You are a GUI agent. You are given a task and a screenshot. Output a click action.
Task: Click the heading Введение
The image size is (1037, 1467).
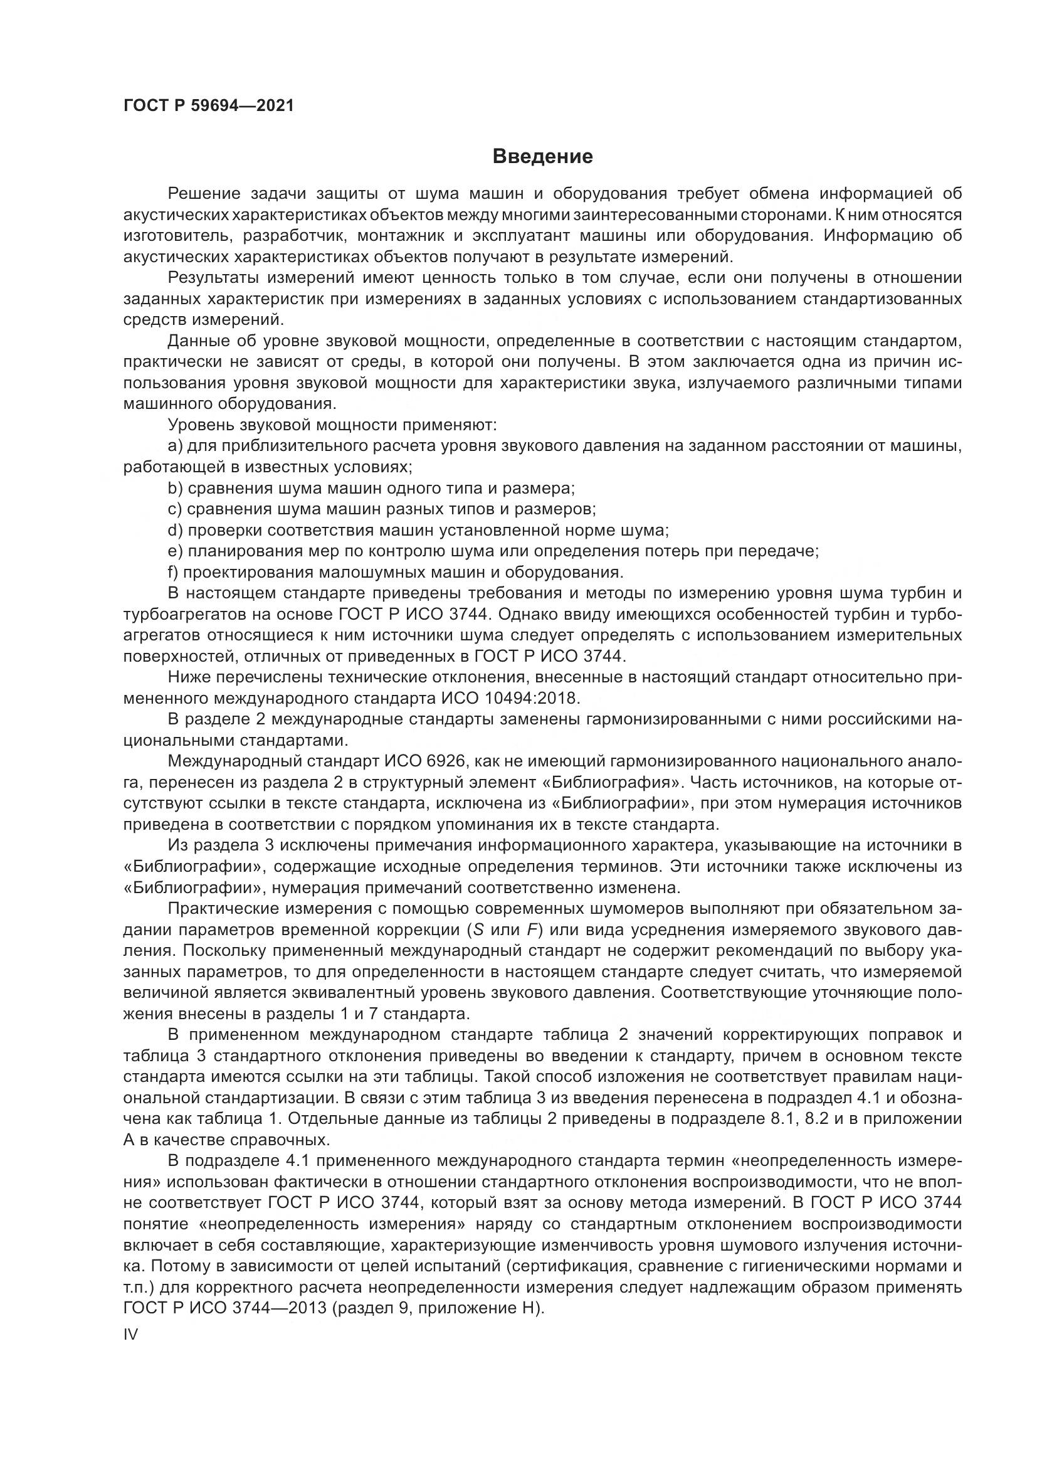[542, 157]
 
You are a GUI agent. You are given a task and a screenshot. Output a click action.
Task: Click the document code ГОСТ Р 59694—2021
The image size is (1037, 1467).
[209, 106]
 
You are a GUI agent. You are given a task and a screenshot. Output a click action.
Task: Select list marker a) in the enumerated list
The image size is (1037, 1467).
[175, 446]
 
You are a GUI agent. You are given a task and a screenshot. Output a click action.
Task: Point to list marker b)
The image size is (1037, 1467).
[175, 489]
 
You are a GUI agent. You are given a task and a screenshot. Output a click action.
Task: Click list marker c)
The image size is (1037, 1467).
[175, 510]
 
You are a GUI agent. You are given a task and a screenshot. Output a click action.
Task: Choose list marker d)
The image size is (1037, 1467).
[175, 531]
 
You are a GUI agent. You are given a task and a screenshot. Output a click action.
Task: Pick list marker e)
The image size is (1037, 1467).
[175, 552]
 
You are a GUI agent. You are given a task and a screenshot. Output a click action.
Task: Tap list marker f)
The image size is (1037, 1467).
[172, 573]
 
